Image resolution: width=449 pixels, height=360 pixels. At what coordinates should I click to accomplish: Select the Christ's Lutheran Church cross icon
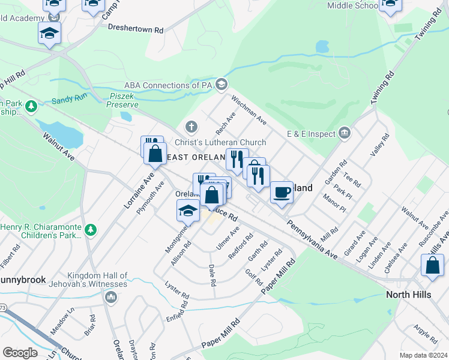point(191,127)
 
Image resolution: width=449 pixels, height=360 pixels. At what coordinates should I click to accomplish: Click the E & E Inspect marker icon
point(345,133)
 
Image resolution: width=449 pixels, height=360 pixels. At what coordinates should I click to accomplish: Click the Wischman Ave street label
point(249,110)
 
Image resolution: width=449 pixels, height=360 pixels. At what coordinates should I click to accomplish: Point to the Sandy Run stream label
point(69,101)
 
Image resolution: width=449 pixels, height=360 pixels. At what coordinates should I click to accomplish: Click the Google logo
point(20,353)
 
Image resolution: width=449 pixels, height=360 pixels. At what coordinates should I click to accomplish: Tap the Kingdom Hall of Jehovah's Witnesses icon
point(110,297)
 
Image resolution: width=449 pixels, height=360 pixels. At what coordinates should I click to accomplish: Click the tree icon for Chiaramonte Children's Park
point(91,230)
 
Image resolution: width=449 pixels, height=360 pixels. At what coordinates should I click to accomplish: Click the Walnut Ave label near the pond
point(58,146)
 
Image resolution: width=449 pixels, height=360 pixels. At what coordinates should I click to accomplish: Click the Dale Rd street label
point(211,274)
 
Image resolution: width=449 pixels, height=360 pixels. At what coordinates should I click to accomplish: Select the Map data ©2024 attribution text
point(423,355)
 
